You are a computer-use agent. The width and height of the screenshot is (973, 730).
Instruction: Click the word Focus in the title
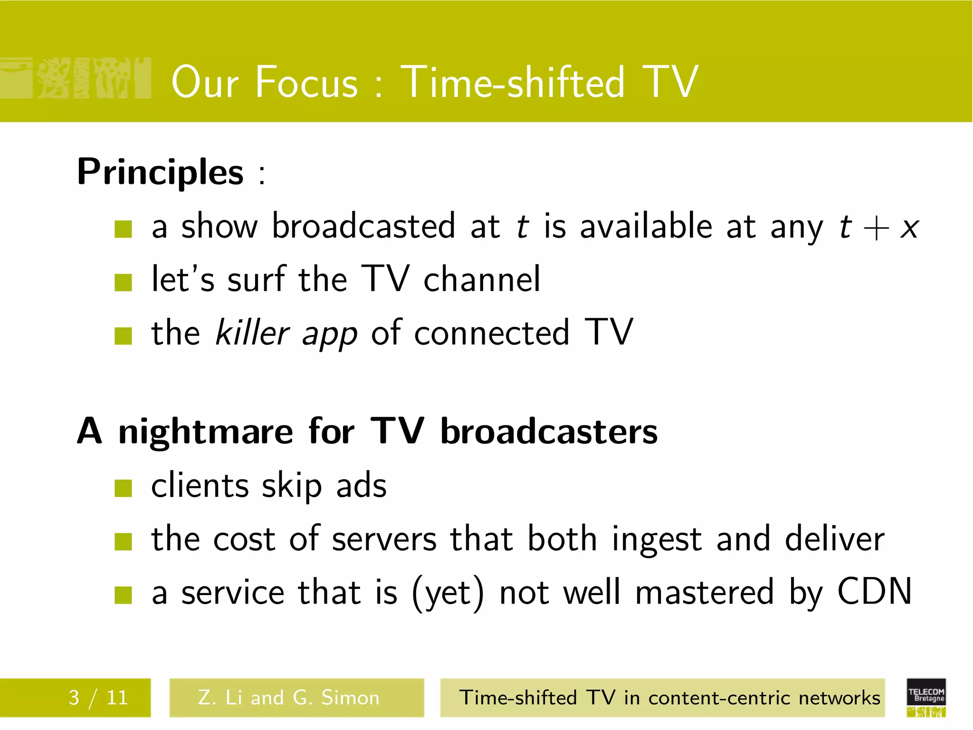[x=307, y=83]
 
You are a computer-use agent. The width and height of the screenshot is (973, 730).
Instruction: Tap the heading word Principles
[x=161, y=172]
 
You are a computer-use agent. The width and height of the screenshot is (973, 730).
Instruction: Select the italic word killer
[x=252, y=333]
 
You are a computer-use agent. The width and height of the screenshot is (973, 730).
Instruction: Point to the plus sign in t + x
[x=876, y=229]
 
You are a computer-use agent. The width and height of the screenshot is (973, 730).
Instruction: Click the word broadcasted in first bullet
[x=364, y=226]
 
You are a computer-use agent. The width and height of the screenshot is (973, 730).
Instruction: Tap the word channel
[x=482, y=279]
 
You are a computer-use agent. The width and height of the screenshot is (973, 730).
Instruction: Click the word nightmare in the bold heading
[x=206, y=432]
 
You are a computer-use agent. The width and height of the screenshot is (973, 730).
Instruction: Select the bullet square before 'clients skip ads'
[x=123, y=488]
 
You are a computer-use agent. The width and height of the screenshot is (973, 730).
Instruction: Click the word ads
[x=362, y=486]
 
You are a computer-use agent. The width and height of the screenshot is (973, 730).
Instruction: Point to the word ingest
[x=657, y=540]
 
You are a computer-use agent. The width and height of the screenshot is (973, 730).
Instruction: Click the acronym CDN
[x=874, y=592]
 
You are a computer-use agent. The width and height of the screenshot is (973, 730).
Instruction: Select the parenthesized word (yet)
[x=448, y=594]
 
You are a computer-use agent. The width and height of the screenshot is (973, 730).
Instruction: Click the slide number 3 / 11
[x=98, y=698]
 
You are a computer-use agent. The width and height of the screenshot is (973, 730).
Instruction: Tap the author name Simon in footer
[x=351, y=698]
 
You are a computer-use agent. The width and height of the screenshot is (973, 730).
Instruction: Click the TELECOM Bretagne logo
[x=926, y=697]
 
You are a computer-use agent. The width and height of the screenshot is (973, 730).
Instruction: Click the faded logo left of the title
[x=76, y=78]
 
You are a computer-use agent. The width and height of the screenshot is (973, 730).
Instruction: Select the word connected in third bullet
[x=491, y=333]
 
